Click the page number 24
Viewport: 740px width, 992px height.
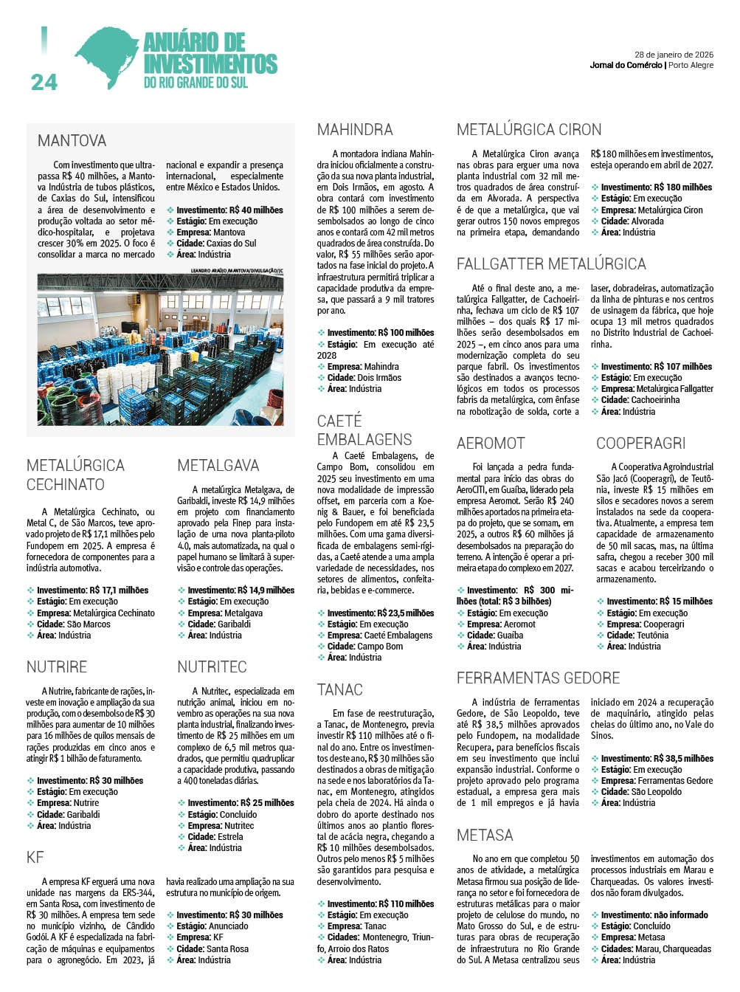(x=44, y=82)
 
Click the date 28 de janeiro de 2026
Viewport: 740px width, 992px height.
(x=674, y=54)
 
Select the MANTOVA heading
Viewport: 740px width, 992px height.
(x=72, y=140)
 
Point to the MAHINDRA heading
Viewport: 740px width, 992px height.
(x=355, y=130)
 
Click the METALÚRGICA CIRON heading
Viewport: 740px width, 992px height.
(x=529, y=130)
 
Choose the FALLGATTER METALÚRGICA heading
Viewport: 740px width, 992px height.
(x=551, y=263)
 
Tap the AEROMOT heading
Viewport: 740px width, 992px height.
(x=491, y=443)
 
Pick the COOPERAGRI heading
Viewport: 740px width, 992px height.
(x=640, y=443)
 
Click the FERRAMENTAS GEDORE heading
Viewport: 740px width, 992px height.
(x=538, y=678)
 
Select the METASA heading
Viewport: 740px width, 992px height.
(x=485, y=835)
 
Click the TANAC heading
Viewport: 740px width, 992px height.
(x=340, y=689)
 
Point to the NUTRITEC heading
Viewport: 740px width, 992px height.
(x=212, y=666)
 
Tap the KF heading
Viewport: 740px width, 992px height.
(x=35, y=857)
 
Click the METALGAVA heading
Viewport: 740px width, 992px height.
(x=218, y=465)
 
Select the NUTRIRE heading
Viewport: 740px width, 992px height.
(x=57, y=666)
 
